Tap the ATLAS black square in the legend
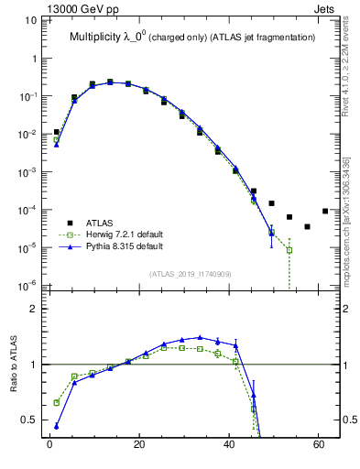(58, 223)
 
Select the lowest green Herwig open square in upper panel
(289, 250)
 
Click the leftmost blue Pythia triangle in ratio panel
(57, 426)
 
